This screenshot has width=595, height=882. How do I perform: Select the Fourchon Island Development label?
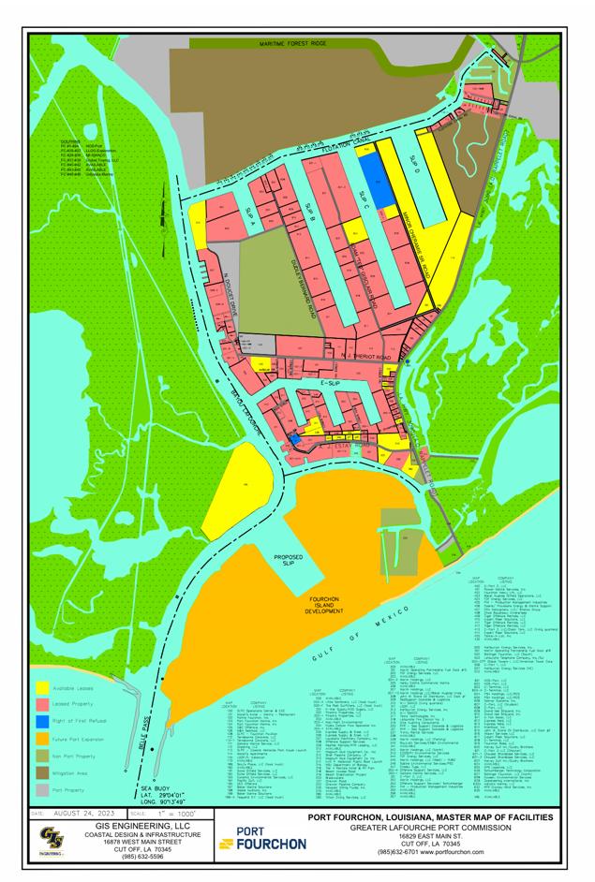tap(328, 603)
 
